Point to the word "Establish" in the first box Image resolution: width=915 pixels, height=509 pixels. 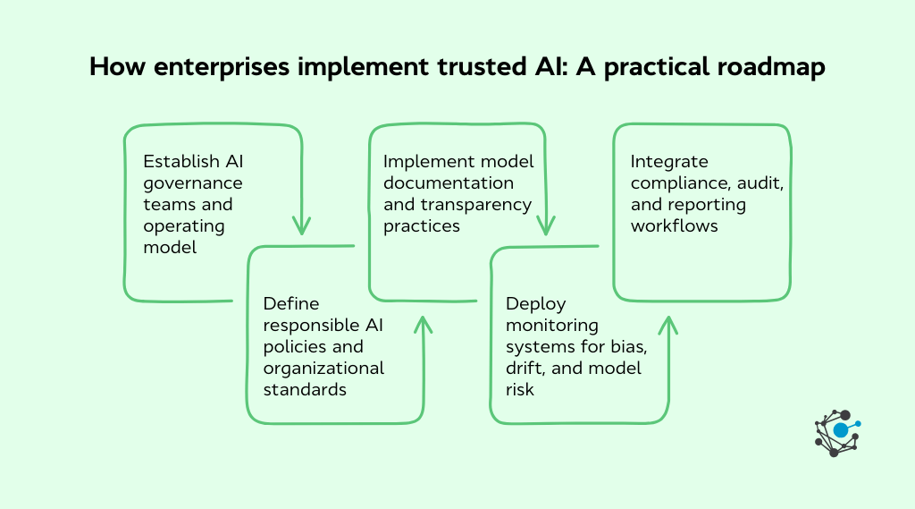point(180,162)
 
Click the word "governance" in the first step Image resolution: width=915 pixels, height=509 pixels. point(193,183)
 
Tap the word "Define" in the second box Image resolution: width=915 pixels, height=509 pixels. point(292,304)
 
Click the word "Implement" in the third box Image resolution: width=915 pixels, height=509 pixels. point(423,162)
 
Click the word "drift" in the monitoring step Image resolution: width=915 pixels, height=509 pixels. point(525,369)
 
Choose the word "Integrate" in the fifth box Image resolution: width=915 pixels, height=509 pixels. point(669,162)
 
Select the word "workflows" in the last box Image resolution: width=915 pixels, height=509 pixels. point(675,226)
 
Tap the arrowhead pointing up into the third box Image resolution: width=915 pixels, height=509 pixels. point(422,322)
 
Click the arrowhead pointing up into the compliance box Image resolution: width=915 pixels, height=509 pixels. point(667,323)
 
